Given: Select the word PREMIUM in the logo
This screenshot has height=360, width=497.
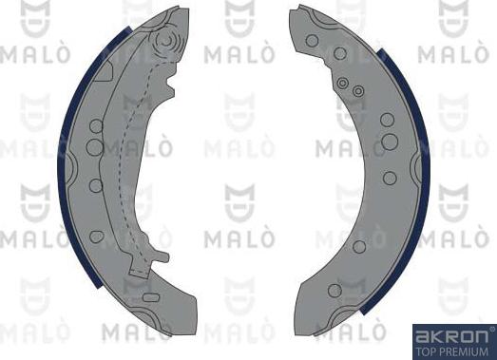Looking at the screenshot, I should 464,350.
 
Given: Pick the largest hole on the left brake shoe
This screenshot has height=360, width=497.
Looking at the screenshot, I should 94,147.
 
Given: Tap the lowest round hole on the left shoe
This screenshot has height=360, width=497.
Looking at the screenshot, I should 95,235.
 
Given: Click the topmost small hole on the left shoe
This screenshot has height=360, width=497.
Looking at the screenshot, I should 94,125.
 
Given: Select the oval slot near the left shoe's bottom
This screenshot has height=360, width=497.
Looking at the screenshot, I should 150,297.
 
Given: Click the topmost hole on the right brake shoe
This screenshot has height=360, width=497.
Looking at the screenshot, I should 312,40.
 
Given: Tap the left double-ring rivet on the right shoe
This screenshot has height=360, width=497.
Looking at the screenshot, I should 342,84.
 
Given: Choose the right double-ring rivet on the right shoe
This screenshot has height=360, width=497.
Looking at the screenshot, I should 358,91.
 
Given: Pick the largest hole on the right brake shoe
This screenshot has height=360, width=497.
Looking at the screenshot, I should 390,142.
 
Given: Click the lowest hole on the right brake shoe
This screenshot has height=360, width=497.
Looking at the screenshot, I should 334,290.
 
